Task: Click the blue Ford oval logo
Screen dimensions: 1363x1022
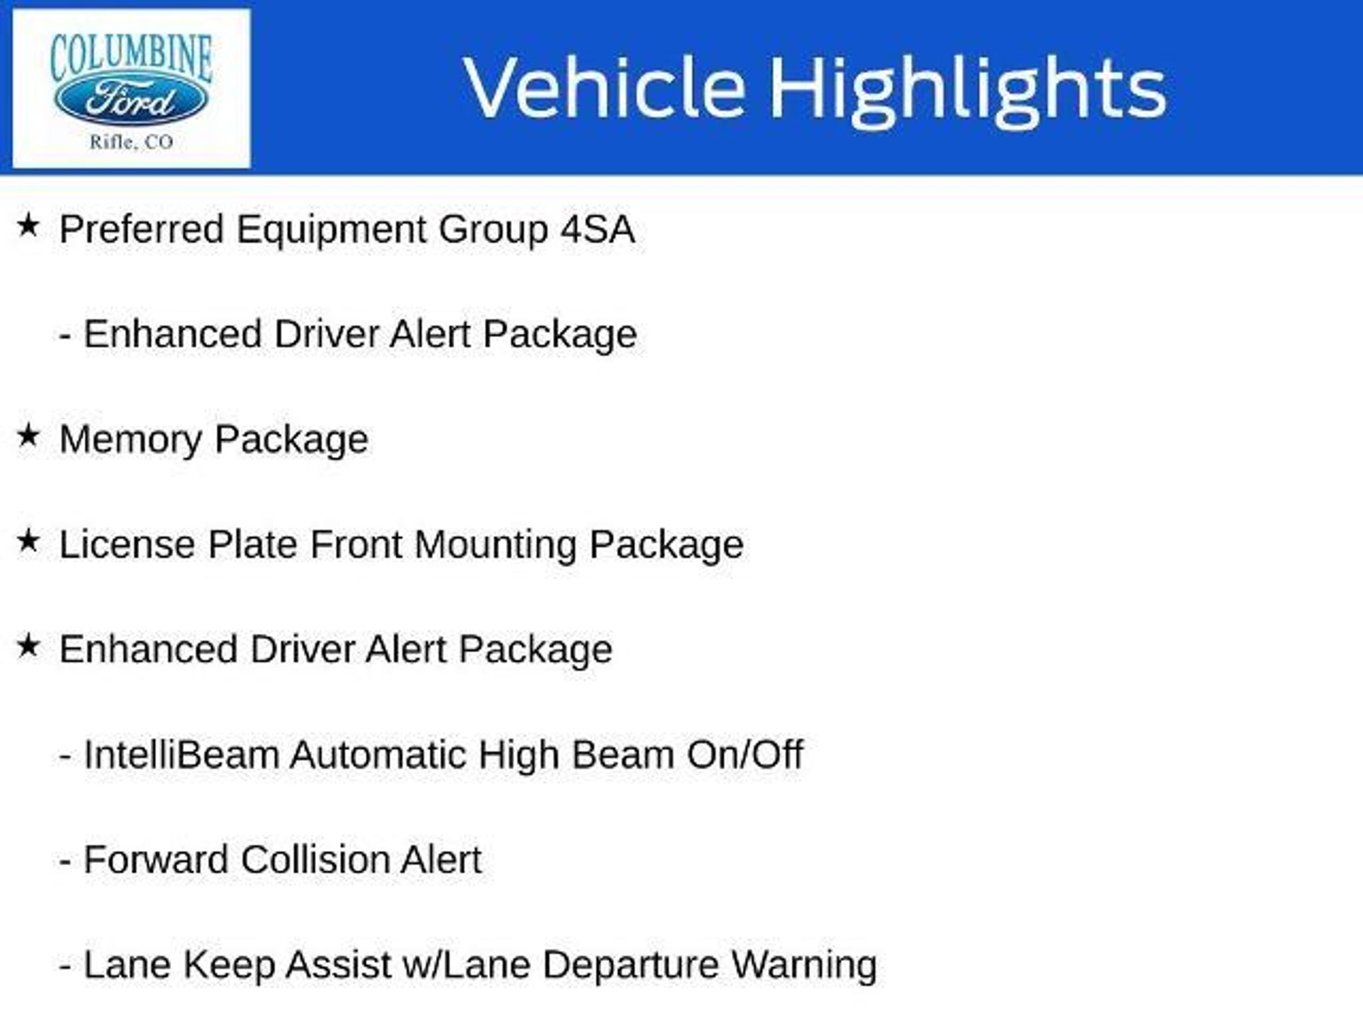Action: click(x=130, y=102)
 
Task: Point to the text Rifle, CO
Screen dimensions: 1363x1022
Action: click(x=132, y=142)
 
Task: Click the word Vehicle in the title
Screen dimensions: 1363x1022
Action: click(x=604, y=88)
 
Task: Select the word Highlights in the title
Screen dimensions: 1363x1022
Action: click(x=968, y=91)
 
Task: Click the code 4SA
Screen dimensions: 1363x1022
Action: click(x=598, y=230)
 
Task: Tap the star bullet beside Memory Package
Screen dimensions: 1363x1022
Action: click(x=29, y=436)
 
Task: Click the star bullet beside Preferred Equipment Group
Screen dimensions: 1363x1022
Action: click(x=29, y=226)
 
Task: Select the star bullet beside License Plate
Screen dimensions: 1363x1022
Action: click(x=29, y=541)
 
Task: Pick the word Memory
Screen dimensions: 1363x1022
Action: click(x=130, y=440)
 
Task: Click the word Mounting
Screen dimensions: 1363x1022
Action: click(x=495, y=545)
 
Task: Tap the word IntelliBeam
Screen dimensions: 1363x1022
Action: click(x=181, y=755)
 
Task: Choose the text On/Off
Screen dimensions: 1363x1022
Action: click(x=745, y=755)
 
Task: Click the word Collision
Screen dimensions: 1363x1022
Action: click(x=313, y=860)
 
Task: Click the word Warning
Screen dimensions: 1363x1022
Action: click(x=805, y=966)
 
